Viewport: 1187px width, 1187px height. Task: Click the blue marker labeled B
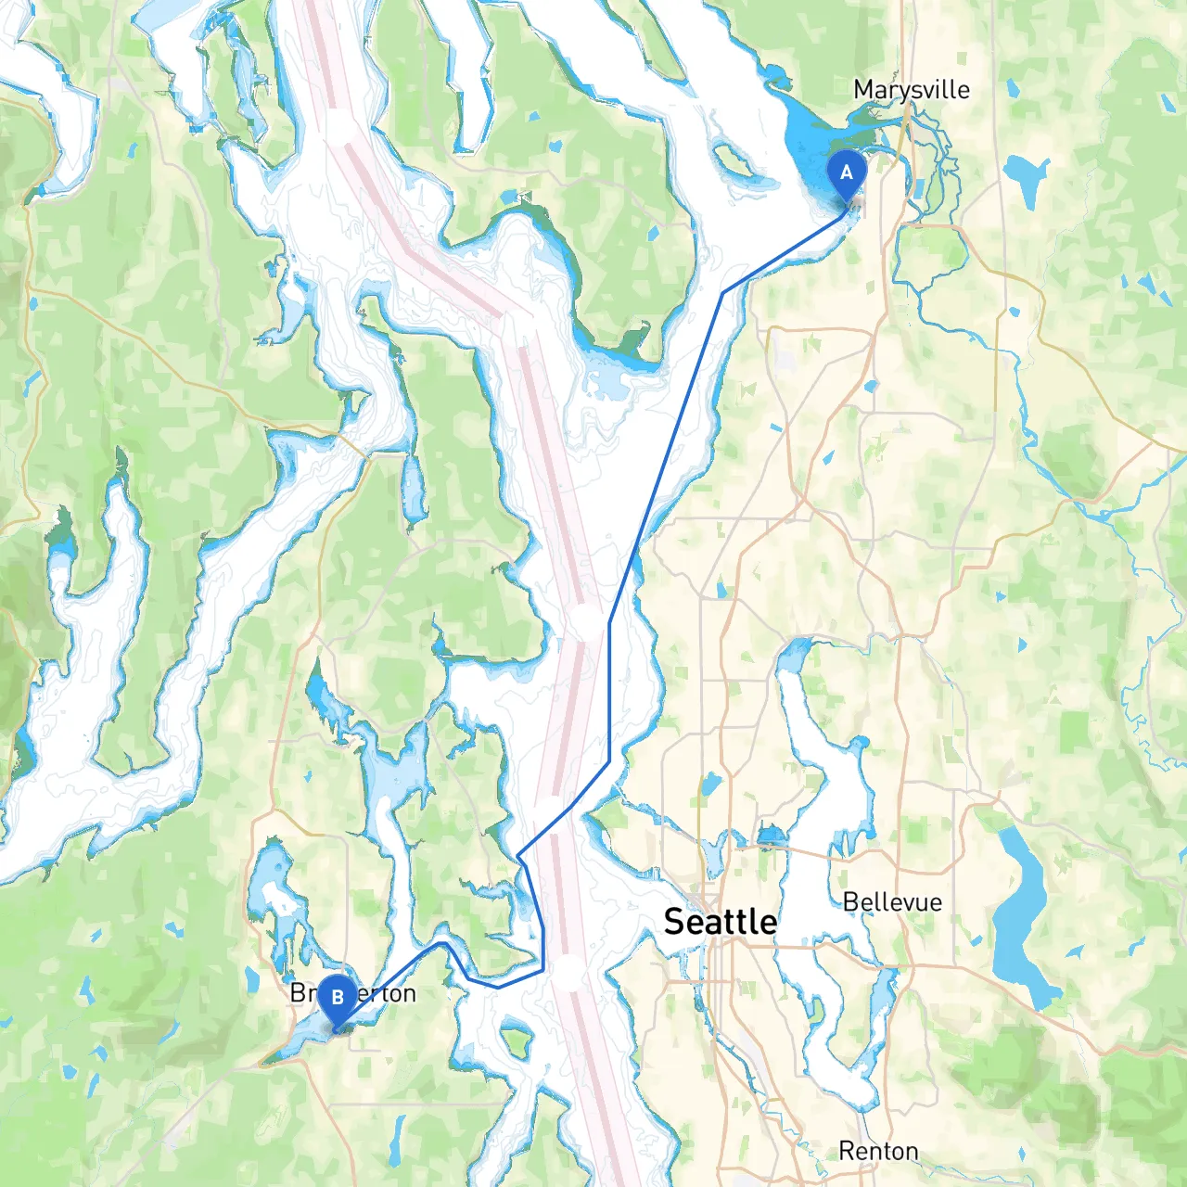[x=337, y=999]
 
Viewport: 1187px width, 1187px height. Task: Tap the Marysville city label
[x=911, y=90]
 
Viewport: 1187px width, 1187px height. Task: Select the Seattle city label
[x=721, y=922]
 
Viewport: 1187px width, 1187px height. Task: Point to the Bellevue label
[x=891, y=902]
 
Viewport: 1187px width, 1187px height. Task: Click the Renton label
[x=878, y=1151]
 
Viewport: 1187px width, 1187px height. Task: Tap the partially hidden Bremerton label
[x=352, y=993]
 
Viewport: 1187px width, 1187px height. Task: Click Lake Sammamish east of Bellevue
[x=1020, y=918]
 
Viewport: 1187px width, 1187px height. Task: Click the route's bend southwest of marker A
[x=722, y=293]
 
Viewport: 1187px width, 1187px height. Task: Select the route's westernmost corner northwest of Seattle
[x=517, y=855]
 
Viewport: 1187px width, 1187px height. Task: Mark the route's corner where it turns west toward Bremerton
[x=542, y=971]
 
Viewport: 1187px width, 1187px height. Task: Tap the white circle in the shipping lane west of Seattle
[x=568, y=974]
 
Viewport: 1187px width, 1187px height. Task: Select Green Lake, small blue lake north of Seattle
[x=709, y=785]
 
